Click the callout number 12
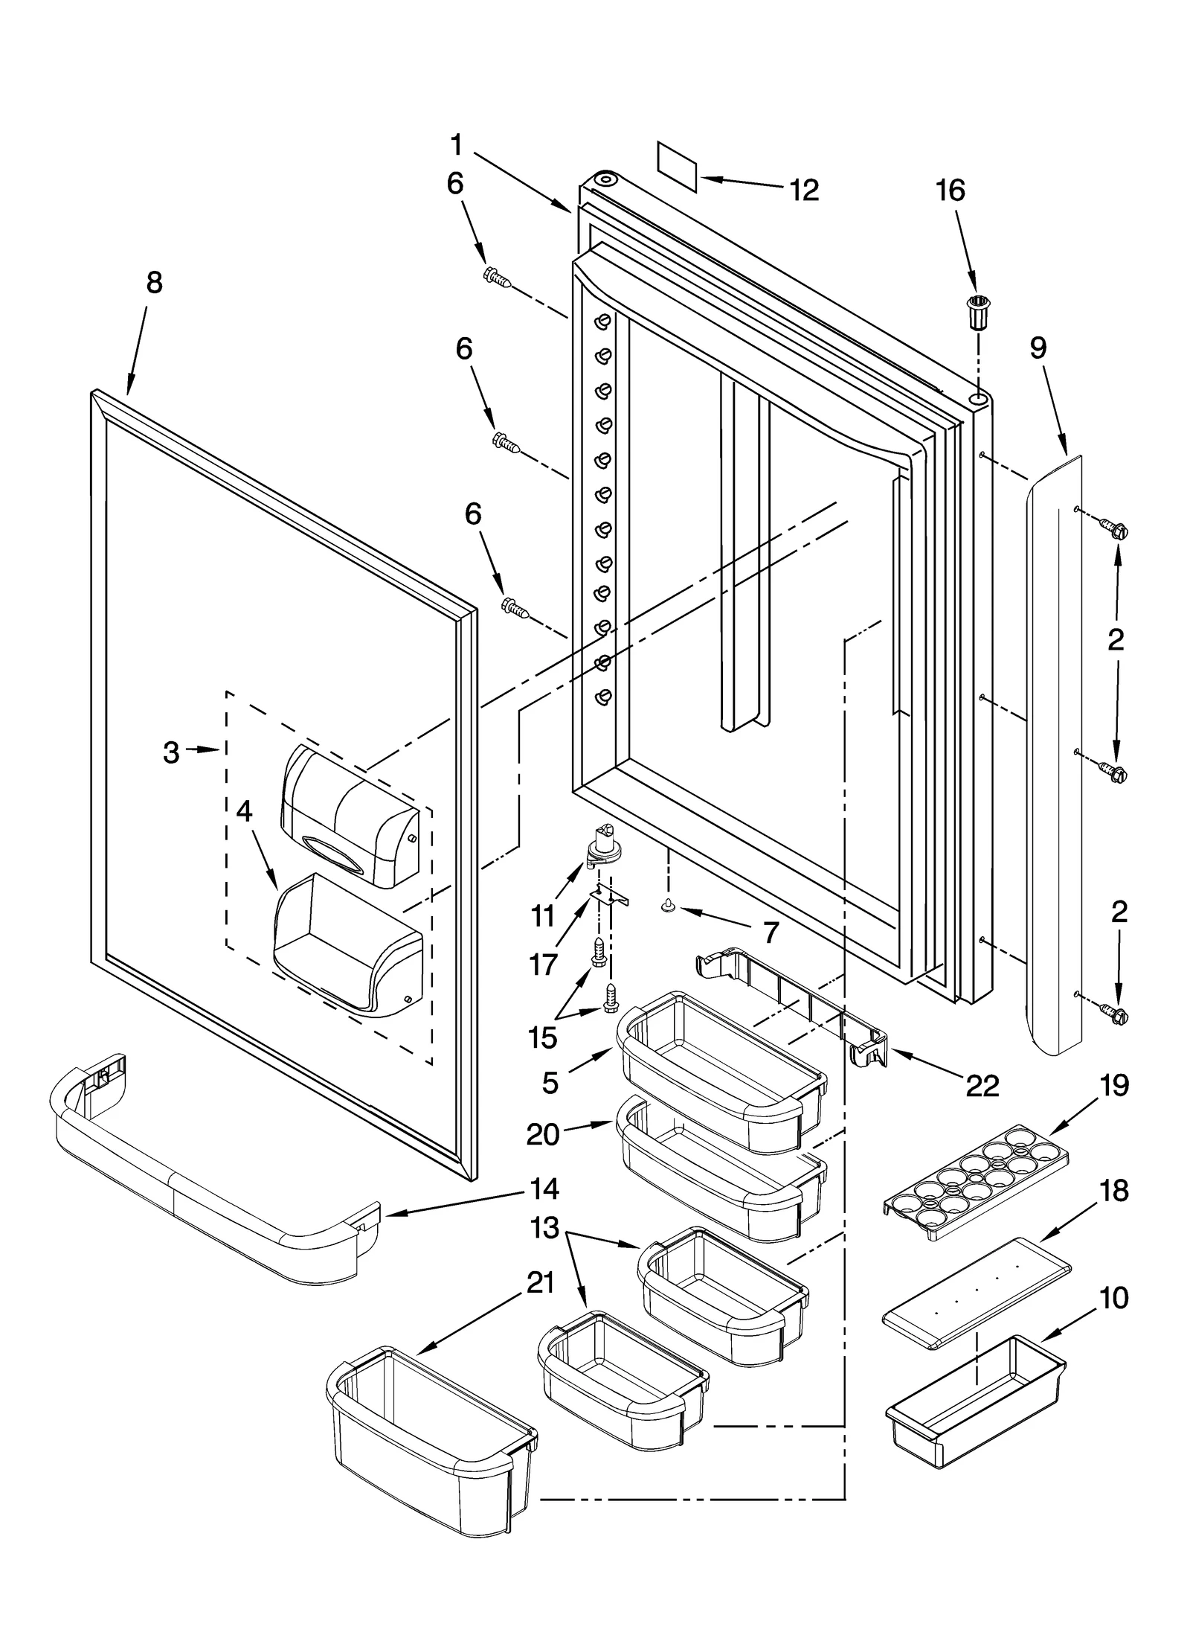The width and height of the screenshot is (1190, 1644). [803, 191]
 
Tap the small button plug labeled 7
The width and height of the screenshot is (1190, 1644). [667, 905]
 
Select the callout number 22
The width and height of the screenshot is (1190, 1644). [982, 1086]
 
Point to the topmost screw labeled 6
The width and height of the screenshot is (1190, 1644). [496, 278]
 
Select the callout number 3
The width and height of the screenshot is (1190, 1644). [171, 753]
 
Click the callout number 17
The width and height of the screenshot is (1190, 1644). [543, 965]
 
